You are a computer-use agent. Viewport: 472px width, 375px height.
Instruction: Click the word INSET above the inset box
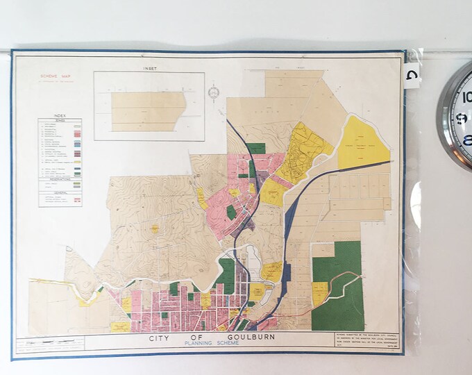[x=149, y=69]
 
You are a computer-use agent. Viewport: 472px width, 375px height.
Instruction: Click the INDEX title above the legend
[x=60, y=115]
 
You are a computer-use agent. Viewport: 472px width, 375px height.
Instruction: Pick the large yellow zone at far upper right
[x=362, y=144]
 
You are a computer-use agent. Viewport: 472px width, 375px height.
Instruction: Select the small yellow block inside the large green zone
[x=319, y=293]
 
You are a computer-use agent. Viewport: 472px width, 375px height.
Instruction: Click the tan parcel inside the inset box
[x=148, y=110]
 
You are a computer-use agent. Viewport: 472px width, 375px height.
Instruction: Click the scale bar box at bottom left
[x=49, y=343]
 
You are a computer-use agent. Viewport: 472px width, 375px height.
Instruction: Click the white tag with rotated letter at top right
[x=412, y=73]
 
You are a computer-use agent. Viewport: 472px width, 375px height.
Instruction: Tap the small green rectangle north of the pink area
[x=256, y=148]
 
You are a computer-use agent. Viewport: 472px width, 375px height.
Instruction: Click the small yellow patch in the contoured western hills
[x=154, y=227]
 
